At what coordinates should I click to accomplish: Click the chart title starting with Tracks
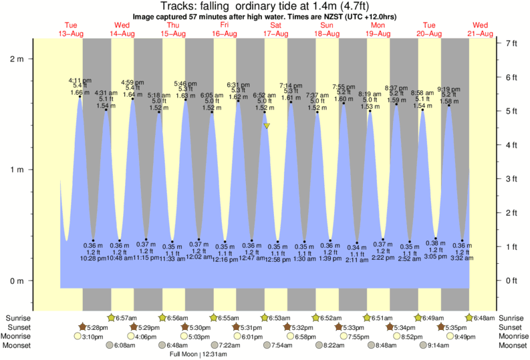click(265, 6)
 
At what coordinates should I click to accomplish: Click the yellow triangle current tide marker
click(267, 125)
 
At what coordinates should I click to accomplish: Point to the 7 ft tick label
click(512, 43)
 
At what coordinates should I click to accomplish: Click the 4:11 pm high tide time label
click(80, 81)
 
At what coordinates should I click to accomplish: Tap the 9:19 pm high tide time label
click(448, 89)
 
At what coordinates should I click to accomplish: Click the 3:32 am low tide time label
click(462, 258)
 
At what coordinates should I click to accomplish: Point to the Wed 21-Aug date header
click(481, 30)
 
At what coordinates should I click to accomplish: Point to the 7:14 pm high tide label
click(290, 85)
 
